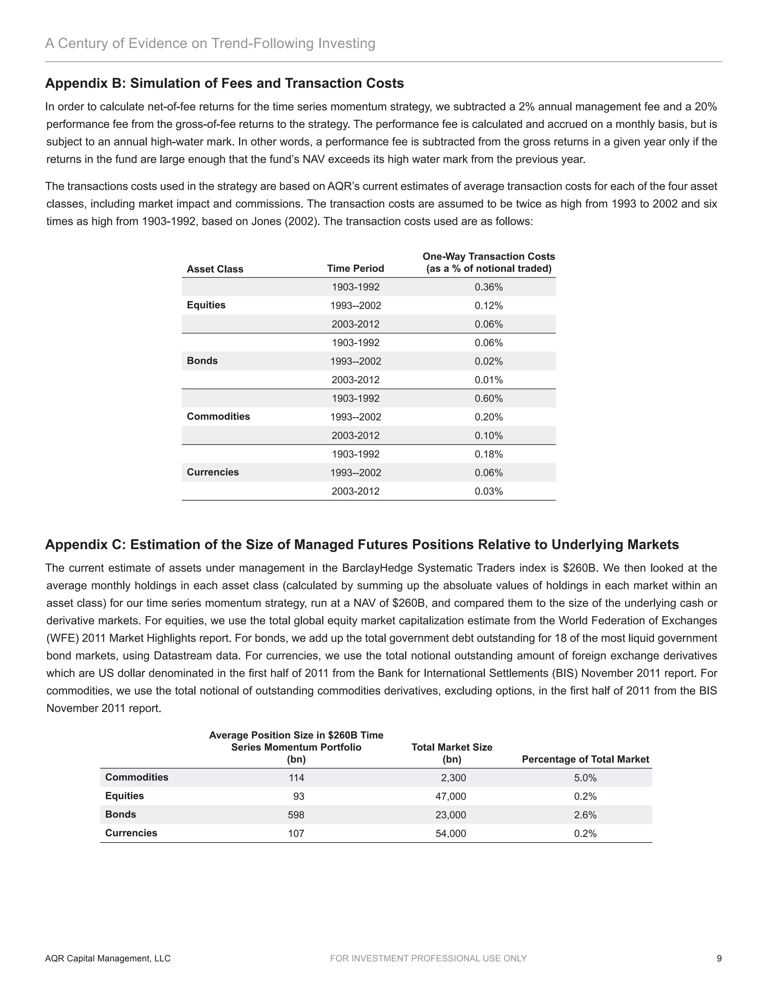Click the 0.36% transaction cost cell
point(488,287)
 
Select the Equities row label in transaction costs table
point(206,305)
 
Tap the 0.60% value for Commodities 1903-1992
point(488,398)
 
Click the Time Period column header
point(355,268)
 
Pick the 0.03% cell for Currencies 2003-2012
point(488,491)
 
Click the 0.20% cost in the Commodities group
point(488,417)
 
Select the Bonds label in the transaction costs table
point(202,360)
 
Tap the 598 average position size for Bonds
point(296,815)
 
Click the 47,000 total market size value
point(451,796)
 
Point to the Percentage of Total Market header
point(585,759)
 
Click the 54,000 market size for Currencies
point(451,834)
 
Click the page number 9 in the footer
point(719,958)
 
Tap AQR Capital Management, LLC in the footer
point(108,958)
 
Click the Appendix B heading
point(224,83)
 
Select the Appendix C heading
point(362,544)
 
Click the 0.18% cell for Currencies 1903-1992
point(488,454)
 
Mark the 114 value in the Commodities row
point(296,778)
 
